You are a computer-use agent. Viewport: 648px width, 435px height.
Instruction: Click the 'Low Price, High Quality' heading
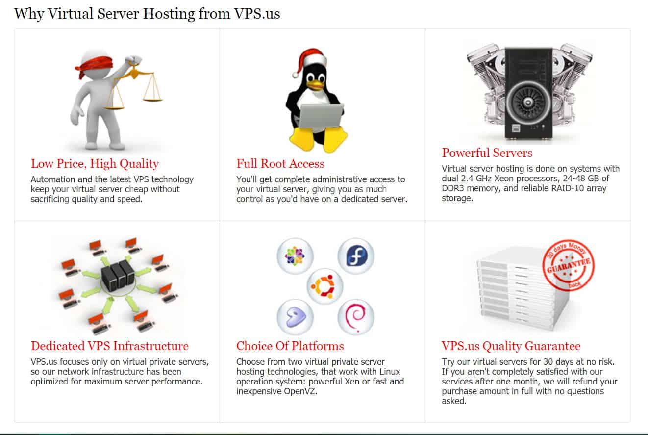(95, 164)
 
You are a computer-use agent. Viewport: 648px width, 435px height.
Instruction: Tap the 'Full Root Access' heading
(280, 163)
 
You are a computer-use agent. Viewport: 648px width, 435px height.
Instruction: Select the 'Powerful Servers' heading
(487, 153)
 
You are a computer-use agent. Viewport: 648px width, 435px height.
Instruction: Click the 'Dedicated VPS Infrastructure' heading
(110, 346)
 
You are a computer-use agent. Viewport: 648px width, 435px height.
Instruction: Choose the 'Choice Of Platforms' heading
(290, 346)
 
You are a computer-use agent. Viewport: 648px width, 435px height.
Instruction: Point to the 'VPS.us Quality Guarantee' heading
(511, 346)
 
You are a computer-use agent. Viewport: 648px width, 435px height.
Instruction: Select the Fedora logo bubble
(356, 256)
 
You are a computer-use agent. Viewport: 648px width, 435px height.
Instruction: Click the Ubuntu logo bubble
(325, 286)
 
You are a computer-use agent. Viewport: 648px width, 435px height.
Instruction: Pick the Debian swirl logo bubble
(356, 317)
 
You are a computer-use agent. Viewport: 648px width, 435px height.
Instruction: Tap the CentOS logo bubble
(295, 256)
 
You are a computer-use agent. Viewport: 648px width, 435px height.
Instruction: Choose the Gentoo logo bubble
(295, 317)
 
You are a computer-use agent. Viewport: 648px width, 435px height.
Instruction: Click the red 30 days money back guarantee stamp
(568, 265)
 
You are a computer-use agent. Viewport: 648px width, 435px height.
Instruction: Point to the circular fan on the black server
(528, 102)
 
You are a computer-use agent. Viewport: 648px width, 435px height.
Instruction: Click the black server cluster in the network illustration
(118, 275)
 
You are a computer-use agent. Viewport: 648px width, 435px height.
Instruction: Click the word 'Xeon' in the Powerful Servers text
(504, 179)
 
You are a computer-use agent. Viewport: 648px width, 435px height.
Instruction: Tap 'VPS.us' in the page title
(257, 14)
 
